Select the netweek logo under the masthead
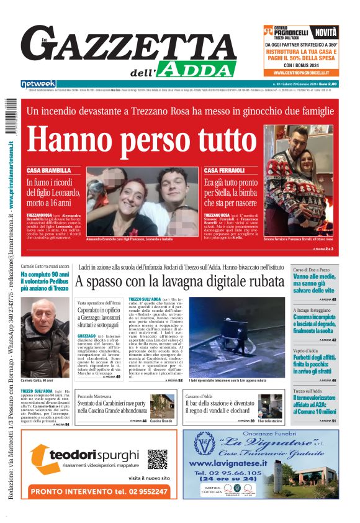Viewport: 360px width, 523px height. pos(38,84)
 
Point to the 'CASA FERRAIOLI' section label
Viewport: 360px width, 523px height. pos(224,170)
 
